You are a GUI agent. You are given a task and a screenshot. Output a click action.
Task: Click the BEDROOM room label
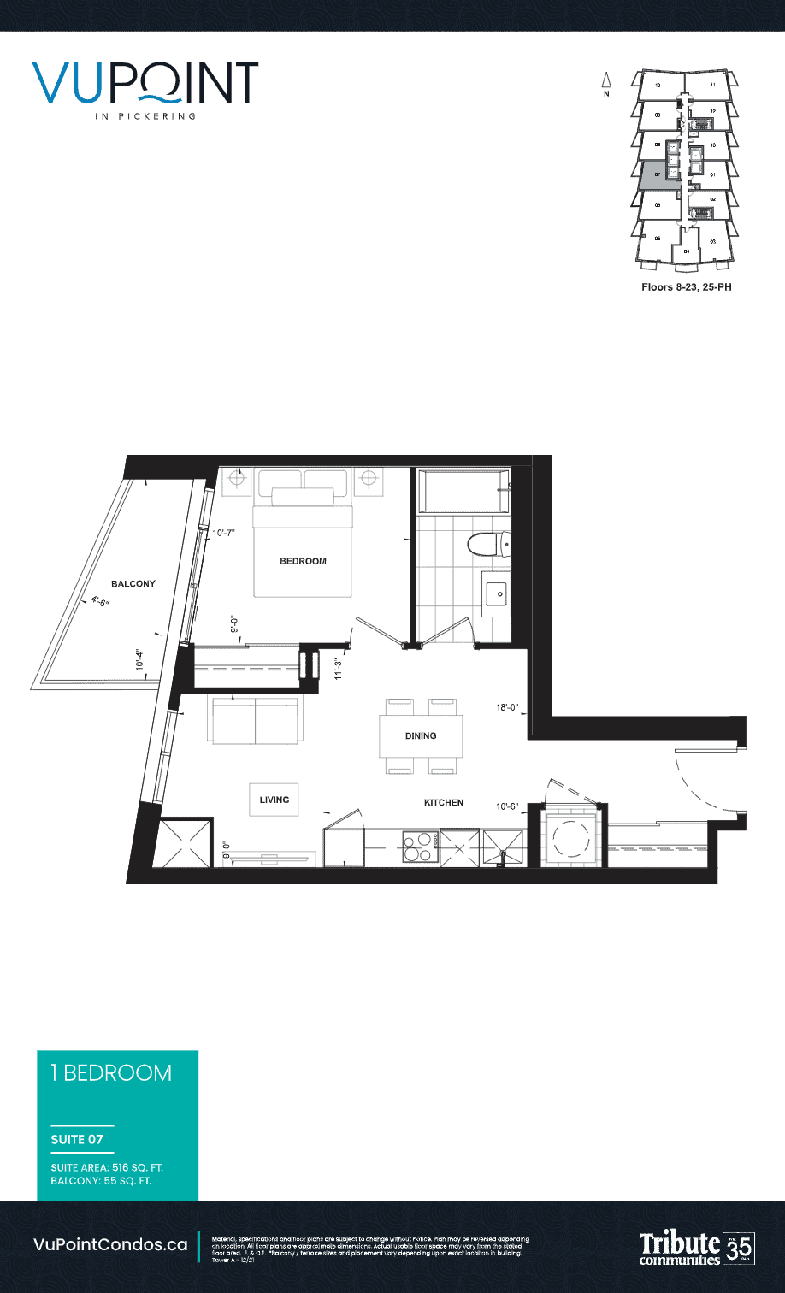pos(304,561)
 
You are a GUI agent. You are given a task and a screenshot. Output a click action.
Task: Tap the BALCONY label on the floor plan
pos(133,584)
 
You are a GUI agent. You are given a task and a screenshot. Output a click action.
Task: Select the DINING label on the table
pos(421,735)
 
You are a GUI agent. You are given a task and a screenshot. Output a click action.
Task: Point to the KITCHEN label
pos(444,803)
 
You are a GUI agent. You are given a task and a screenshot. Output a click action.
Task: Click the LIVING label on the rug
pos(274,800)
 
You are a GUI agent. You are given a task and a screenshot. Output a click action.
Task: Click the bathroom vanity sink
pos(496,593)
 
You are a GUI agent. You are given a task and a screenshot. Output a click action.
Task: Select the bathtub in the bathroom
pos(463,491)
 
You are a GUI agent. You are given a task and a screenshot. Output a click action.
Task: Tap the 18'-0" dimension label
pos(508,707)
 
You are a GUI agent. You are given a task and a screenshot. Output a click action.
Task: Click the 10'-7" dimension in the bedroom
pos(223,533)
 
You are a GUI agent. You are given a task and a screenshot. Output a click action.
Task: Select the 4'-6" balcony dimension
pos(101,601)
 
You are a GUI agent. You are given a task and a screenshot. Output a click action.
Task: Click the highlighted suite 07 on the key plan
pos(653,175)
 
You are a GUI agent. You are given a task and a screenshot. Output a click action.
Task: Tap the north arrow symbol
pos(606,83)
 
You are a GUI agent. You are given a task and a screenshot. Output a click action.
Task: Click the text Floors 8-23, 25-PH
pos(686,287)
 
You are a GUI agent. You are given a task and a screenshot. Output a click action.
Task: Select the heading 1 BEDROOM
pos(111,1073)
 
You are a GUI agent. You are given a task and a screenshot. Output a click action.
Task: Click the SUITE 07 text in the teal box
pos(77,1139)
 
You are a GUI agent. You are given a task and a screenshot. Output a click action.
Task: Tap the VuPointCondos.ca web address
pos(110,1245)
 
